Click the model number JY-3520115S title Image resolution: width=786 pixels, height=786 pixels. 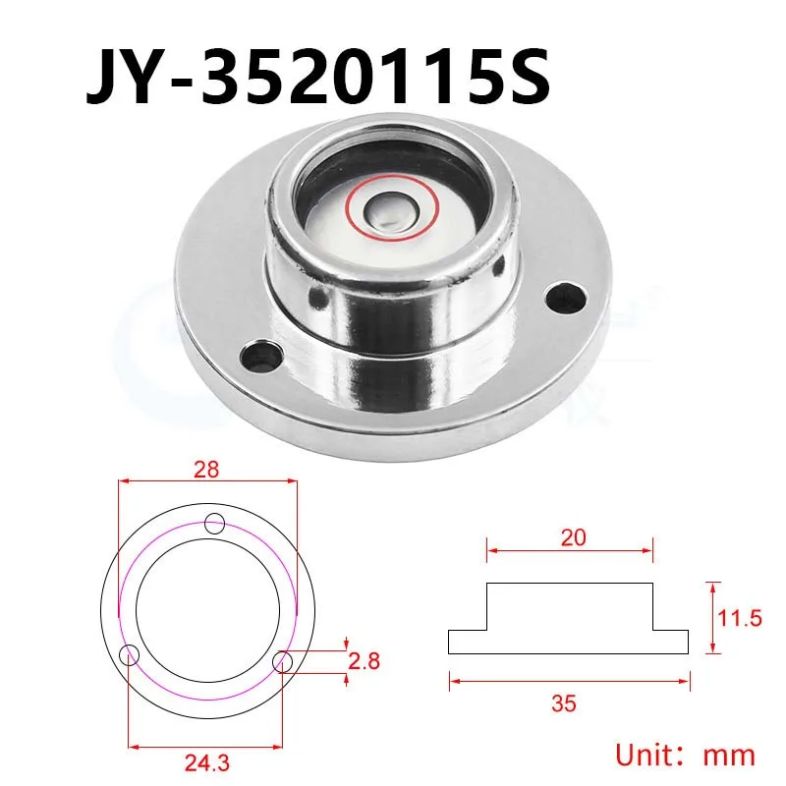click(318, 77)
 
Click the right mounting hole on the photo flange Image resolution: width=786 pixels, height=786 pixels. click(567, 297)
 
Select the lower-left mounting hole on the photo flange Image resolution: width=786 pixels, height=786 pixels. click(260, 357)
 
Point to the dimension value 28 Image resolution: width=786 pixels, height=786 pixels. click(206, 470)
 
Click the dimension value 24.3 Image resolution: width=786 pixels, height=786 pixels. click(207, 763)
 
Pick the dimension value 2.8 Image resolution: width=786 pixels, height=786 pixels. click(365, 661)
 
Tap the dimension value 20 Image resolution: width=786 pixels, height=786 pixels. click(573, 537)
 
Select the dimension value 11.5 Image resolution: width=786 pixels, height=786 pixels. click(740, 618)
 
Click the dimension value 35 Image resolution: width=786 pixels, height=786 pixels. click(564, 703)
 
